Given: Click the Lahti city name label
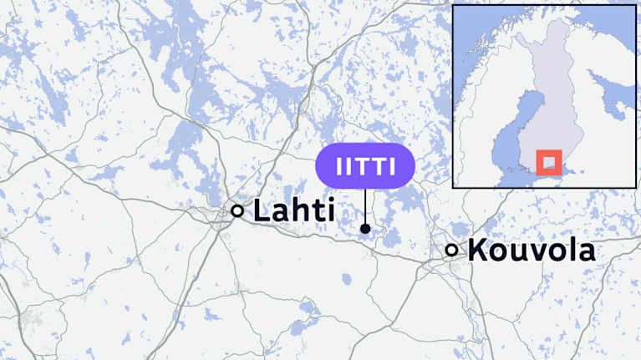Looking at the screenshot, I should [293, 210].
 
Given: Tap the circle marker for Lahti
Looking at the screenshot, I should [237, 211].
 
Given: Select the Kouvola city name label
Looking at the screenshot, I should [532, 250].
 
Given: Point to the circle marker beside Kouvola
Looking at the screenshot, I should [452, 250].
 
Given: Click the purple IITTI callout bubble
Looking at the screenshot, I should [365, 165].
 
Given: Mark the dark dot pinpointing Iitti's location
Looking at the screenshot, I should [365, 228].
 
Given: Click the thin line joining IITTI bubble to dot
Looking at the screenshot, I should [365, 205].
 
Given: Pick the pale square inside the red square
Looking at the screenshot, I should [548, 161].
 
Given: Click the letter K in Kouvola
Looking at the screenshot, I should [478, 250].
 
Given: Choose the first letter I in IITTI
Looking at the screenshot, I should [338, 165].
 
